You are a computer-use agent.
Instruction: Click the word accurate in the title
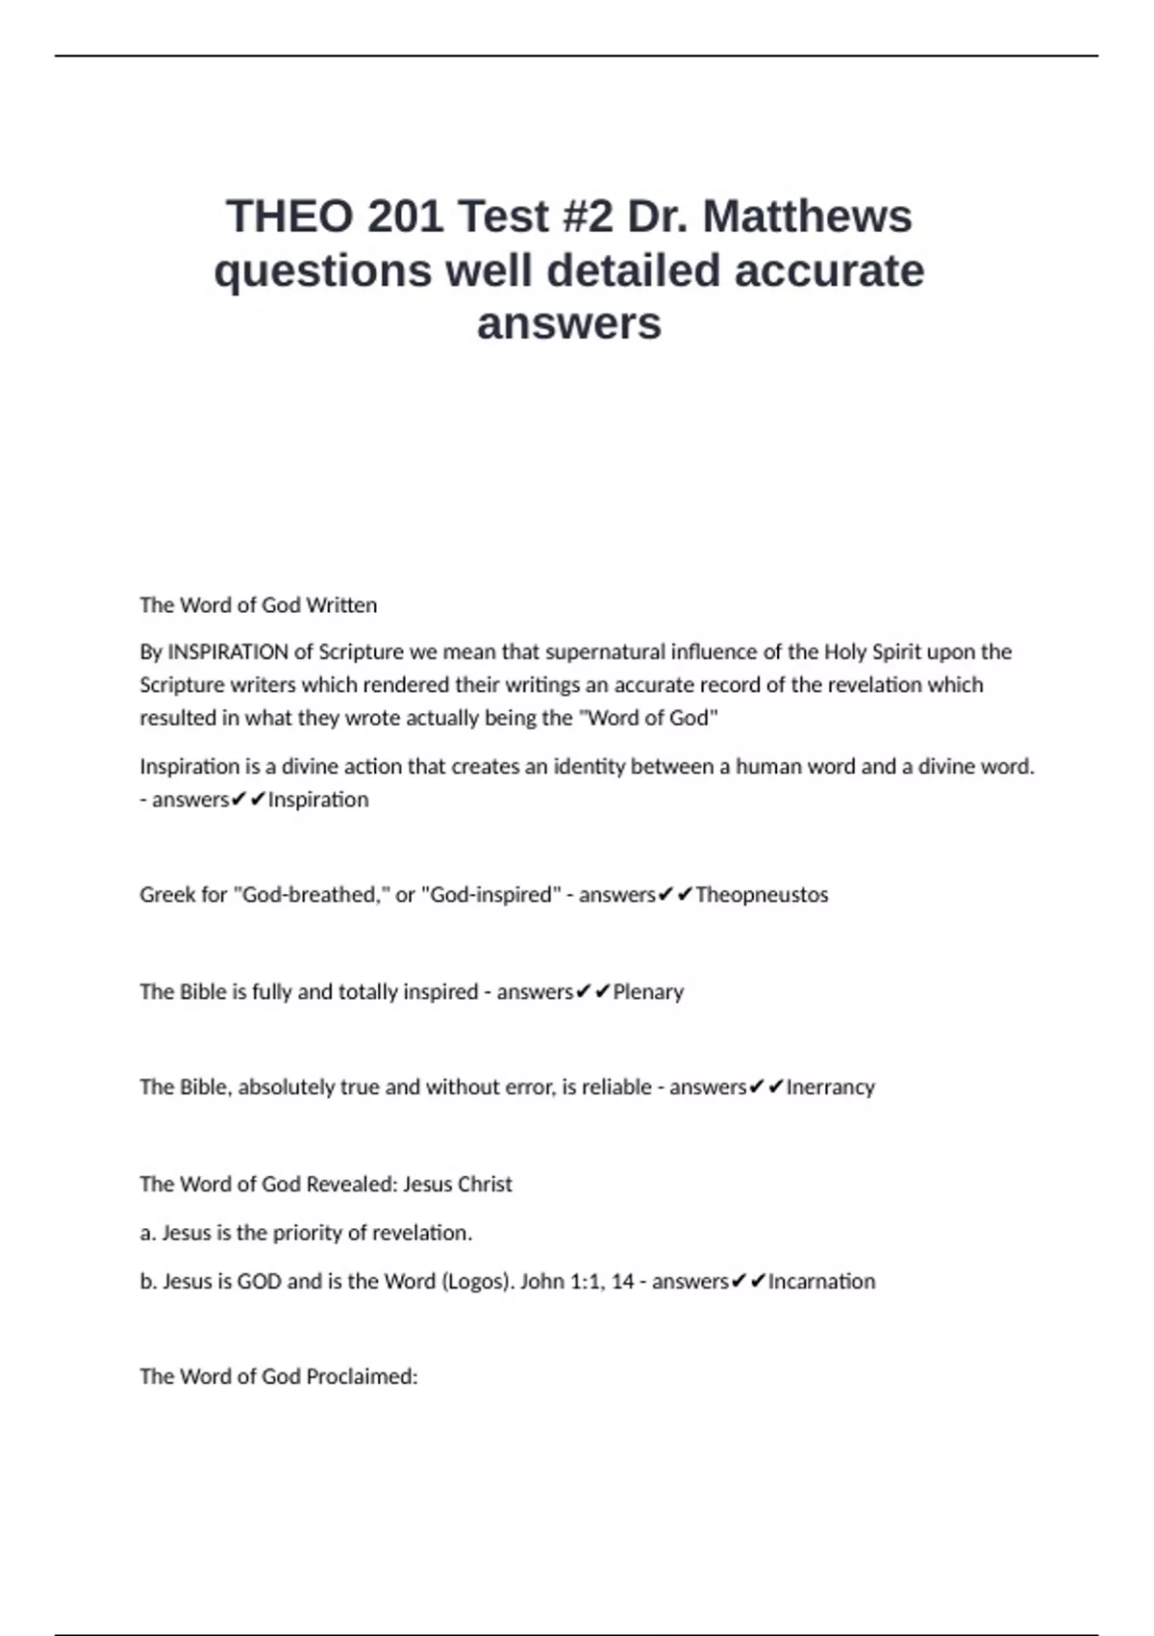pyautogui.click(x=830, y=270)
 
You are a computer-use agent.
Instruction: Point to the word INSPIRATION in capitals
pyautogui.click(x=228, y=652)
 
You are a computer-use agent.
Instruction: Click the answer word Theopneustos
pyautogui.click(x=762, y=895)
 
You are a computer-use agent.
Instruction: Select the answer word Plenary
pyautogui.click(x=648, y=992)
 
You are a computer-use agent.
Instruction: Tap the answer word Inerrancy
pyautogui.click(x=831, y=1087)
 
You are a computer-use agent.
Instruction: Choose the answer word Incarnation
pyautogui.click(x=822, y=1282)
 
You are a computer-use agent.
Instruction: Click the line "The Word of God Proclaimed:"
pyautogui.click(x=279, y=1377)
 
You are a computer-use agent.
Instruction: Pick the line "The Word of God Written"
pyautogui.click(x=259, y=605)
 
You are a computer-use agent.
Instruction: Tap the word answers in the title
pyautogui.click(x=569, y=323)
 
